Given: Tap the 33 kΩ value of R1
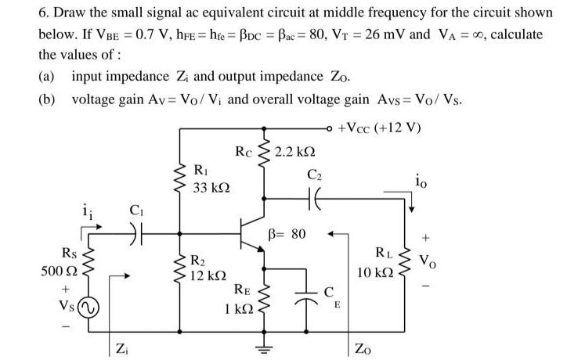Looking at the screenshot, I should click(x=210, y=189).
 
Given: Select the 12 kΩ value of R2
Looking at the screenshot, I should click(x=210, y=275).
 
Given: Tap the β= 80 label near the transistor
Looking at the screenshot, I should click(x=290, y=233).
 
